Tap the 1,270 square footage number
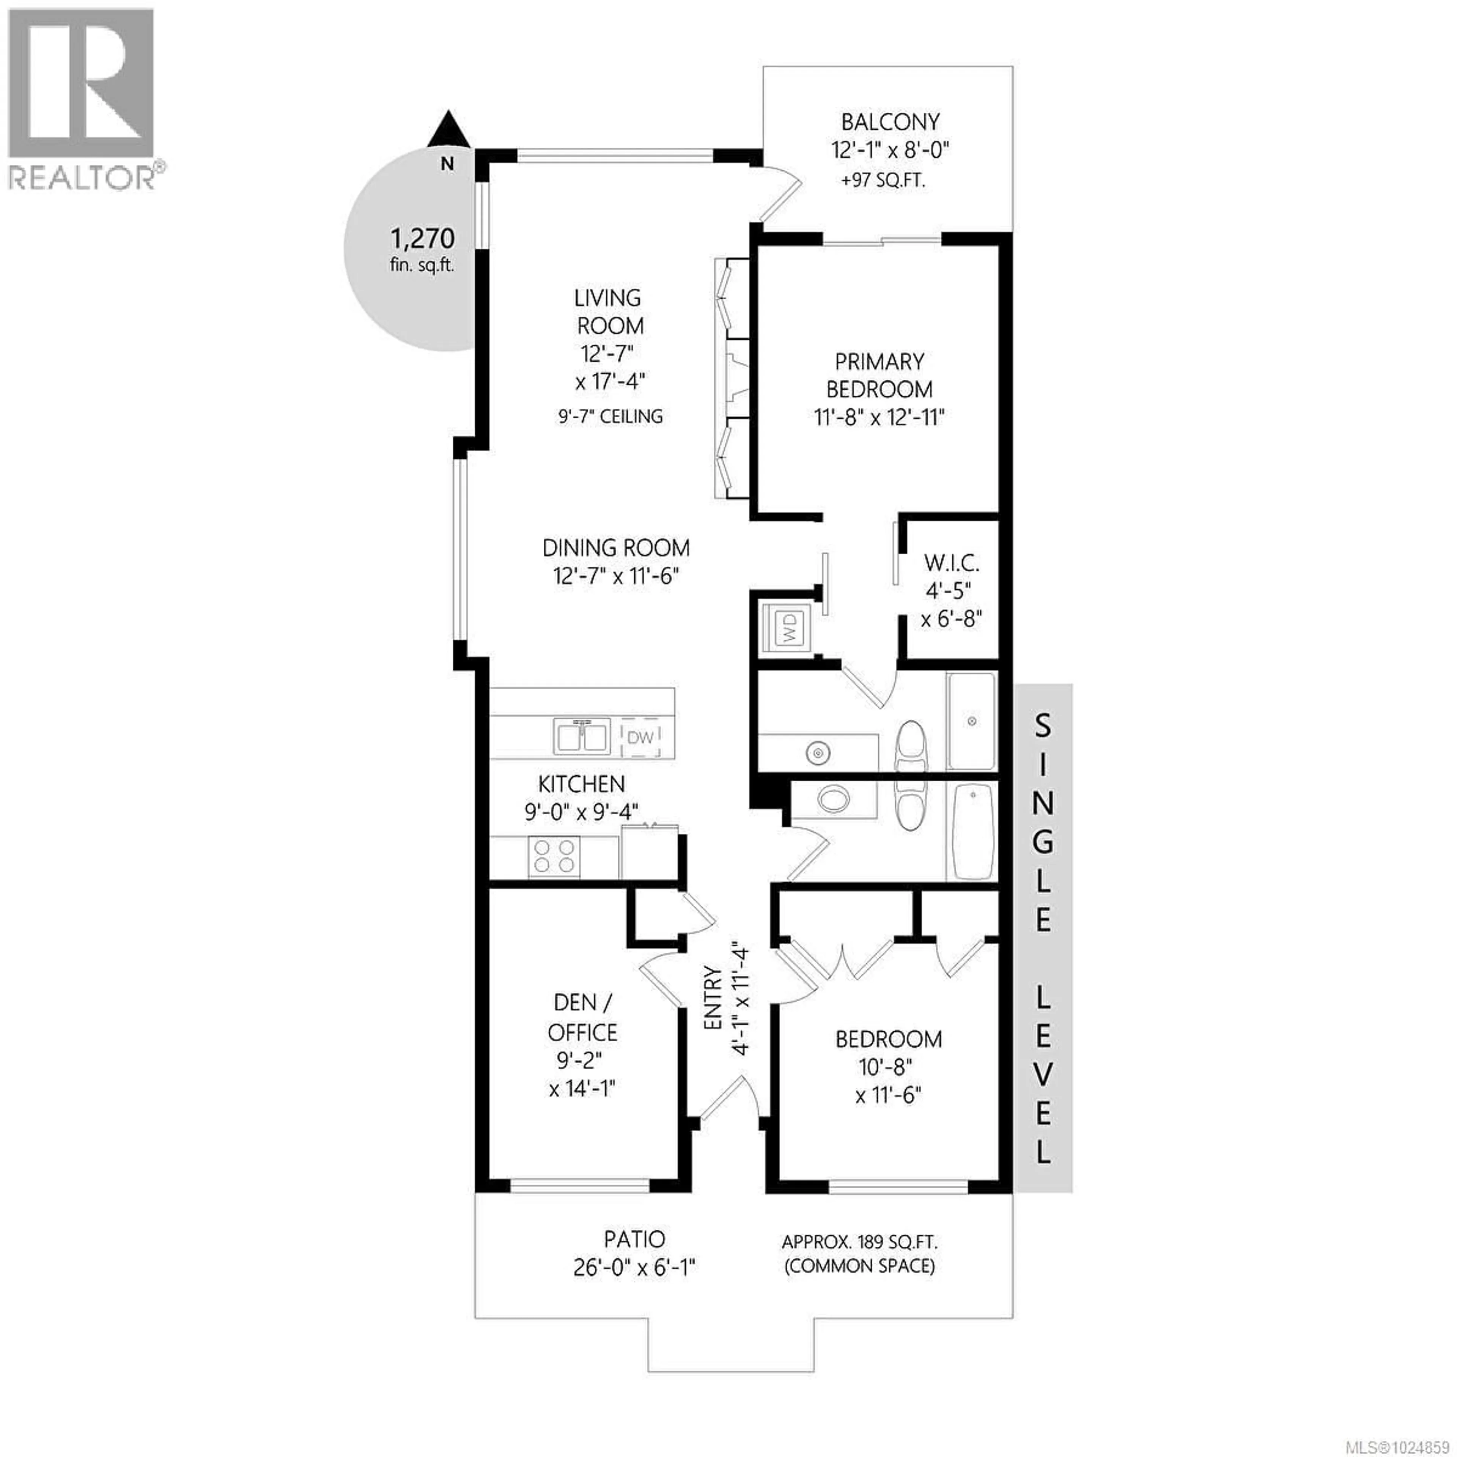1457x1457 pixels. (422, 239)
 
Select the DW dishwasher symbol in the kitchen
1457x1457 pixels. (640, 738)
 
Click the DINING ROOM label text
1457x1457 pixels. (615, 548)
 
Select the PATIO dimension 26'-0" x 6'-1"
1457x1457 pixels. (634, 1268)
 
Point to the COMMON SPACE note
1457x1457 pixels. (860, 1266)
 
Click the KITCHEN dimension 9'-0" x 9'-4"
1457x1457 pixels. (581, 812)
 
